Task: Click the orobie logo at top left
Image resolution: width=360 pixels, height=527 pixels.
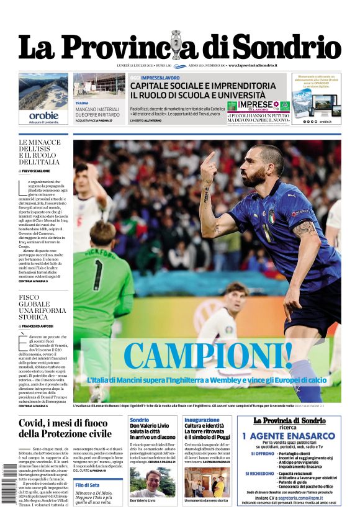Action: pyautogui.click(x=43, y=115)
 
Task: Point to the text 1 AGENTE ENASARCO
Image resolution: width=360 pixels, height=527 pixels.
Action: pyautogui.click(x=289, y=436)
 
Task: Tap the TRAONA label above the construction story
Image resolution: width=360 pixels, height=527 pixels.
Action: pyautogui.click(x=82, y=103)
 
